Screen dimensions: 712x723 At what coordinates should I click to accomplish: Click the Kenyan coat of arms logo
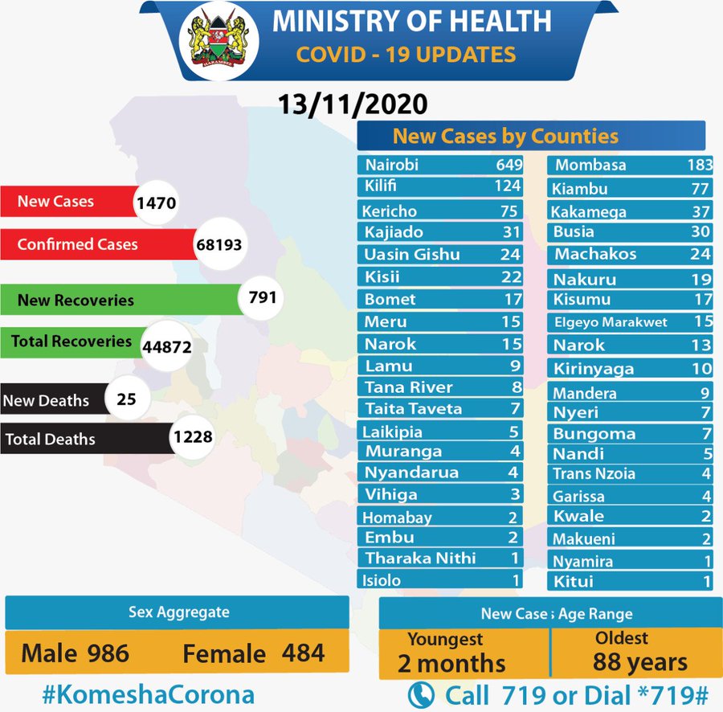216,42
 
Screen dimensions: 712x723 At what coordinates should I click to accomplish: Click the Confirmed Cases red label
78,244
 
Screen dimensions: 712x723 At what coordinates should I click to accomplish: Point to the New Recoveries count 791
262,298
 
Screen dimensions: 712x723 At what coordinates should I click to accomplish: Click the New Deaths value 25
127,398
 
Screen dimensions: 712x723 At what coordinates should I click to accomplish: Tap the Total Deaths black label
51,440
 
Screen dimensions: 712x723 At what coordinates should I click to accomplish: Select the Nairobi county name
392,166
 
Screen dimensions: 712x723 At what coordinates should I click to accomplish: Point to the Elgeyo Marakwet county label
611,322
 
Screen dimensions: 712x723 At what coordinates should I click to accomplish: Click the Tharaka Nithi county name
420,558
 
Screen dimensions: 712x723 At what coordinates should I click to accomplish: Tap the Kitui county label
573,580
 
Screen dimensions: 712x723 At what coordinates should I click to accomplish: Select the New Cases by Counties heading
505,135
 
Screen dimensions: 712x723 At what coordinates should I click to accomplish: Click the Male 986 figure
76,653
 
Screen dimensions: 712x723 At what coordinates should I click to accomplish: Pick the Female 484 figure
254,653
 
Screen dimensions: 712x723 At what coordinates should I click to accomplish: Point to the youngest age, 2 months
451,663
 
